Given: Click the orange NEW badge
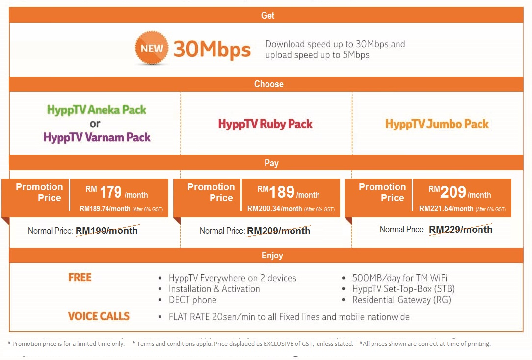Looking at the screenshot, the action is click(152, 48).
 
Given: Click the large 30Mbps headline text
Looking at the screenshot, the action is click(212, 50).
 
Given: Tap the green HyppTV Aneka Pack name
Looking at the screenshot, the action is click(97, 109).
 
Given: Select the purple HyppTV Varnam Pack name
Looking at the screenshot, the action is click(97, 137).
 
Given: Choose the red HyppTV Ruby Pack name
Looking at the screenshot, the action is click(266, 124).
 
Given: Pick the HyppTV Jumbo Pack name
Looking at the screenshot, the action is click(437, 124).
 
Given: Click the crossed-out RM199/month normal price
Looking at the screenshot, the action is click(106, 231).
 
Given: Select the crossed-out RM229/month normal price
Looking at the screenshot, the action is click(460, 230).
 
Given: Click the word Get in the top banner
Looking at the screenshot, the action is click(267, 15).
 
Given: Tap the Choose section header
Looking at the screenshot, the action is click(269, 84).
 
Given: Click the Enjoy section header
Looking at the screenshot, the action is click(272, 255).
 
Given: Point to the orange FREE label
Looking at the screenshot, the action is click(80, 277).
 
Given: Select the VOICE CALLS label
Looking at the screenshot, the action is click(99, 316).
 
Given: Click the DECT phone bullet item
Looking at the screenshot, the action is click(192, 300).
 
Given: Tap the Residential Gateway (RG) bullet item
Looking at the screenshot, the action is click(401, 300).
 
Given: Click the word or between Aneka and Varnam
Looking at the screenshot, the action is click(95, 124).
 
